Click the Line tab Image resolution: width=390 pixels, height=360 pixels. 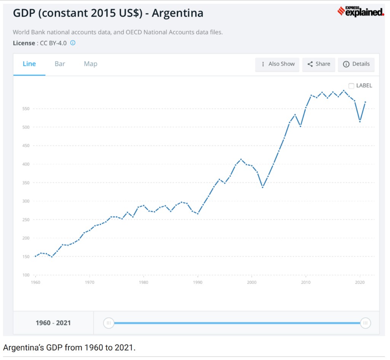pyautogui.click(x=29, y=64)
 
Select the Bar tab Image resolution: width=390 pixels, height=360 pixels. pyautogui.click(x=60, y=64)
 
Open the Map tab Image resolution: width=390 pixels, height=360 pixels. pyautogui.click(x=91, y=64)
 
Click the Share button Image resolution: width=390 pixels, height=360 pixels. pyautogui.click(x=319, y=64)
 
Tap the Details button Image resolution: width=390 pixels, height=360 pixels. pyautogui.click(x=356, y=64)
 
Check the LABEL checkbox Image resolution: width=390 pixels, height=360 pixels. pyautogui.click(x=352, y=86)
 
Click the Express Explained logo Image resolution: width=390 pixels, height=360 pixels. pyautogui.click(x=361, y=12)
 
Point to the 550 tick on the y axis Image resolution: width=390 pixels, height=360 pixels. pyautogui.click(x=26, y=109)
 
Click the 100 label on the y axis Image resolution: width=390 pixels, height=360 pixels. pyautogui.click(x=26, y=275)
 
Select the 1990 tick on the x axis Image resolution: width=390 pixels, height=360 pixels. pyautogui.click(x=198, y=282)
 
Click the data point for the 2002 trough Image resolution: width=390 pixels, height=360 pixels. pyautogui.click(x=262, y=187)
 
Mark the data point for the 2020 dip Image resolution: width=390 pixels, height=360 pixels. pyautogui.click(x=360, y=121)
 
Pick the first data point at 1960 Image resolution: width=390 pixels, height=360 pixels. pyautogui.click(x=35, y=256)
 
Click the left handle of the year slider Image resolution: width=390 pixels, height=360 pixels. pyautogui.click(x=109, y=323)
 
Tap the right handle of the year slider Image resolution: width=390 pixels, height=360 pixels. pyautogui.click(x=365, y=323)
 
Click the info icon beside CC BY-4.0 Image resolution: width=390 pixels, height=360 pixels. pyautogui.click(x=73, y=43)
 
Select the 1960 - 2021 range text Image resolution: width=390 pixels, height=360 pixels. pyautogui.click(x=53, y=323)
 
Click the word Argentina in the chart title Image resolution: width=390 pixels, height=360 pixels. pyautogui.click(x=177, y=13)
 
